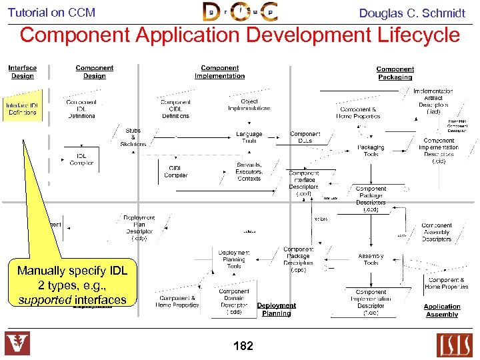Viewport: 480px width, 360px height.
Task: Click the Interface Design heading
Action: (x=22, y=72)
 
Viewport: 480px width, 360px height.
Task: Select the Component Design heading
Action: (x=94, y=72)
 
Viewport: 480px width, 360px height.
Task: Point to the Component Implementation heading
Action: (x=219, y=72)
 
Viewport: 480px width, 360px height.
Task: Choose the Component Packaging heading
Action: (x=395, y=73)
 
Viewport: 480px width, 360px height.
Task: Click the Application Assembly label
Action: (x=441, y=311)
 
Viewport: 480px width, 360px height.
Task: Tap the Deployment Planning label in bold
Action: (x=276, y=309)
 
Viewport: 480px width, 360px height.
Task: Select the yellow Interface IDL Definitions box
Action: (x=23, y=109)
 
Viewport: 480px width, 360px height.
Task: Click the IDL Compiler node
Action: (x=81, y=159)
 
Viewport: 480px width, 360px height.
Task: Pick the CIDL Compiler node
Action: (x=176, y=171)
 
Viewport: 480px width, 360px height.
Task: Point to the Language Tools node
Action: (x=249, y=137)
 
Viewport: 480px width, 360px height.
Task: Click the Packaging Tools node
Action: (x=371, y=151)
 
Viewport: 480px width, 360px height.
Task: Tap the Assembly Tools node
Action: (x=371, y=259)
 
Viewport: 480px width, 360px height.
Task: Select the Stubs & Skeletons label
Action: (x=133, y=137)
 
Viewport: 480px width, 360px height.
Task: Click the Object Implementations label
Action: (x=249, y=105)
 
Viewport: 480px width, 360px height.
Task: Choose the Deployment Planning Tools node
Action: (x=233, y=259)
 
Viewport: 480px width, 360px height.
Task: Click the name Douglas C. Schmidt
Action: (x=412, y=13)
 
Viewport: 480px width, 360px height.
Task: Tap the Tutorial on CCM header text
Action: (x=51, y=12)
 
